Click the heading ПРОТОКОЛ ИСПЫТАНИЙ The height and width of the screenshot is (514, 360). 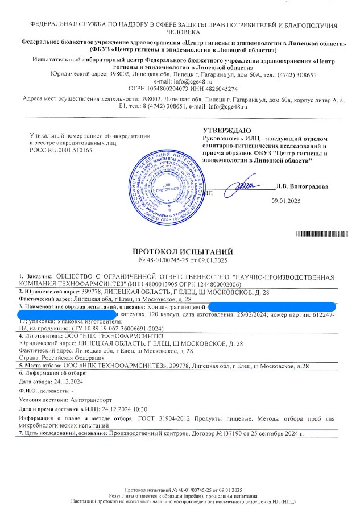tap(179, 252)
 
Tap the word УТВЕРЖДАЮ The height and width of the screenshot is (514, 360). tap(226, 131)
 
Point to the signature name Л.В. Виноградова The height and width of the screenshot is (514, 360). tap(301, 186)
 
